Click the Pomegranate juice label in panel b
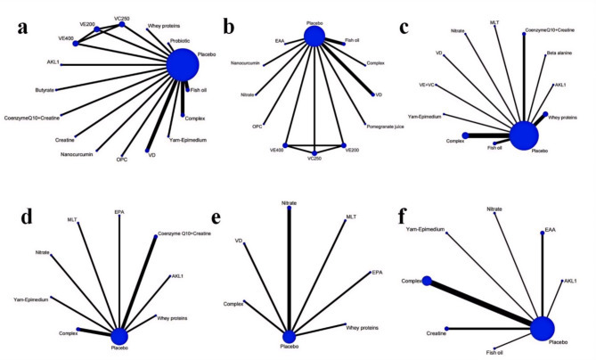click(x=388, y=126)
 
